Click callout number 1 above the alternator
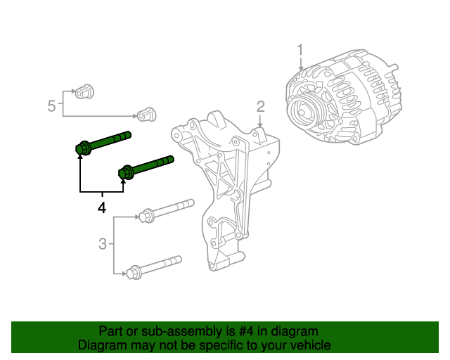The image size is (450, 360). tap(300, 50)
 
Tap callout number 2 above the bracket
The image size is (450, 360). tap(260, 106)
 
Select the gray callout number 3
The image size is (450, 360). tap(103, 244)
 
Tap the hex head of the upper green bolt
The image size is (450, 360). tap(82, 148)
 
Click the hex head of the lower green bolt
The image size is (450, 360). tap(126, 172)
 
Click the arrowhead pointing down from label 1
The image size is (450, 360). tap(300, 68)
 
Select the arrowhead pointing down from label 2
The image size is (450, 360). tap(260, 125)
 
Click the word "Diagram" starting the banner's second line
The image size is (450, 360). tap(101, 345)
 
